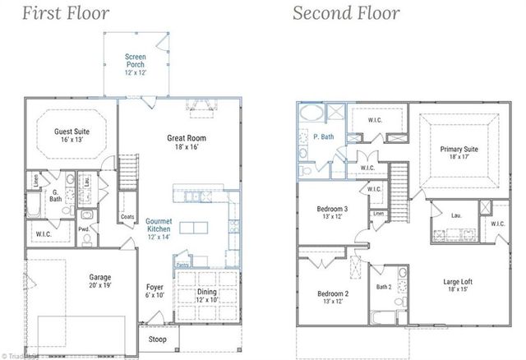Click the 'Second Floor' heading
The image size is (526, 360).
(347, 13)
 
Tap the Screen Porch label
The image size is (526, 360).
(135, 62)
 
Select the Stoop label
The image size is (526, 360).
(155, 339)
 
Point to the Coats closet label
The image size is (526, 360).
(127, 217)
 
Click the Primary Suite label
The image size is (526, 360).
(459, 154)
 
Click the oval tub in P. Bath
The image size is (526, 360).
(312, 114)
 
